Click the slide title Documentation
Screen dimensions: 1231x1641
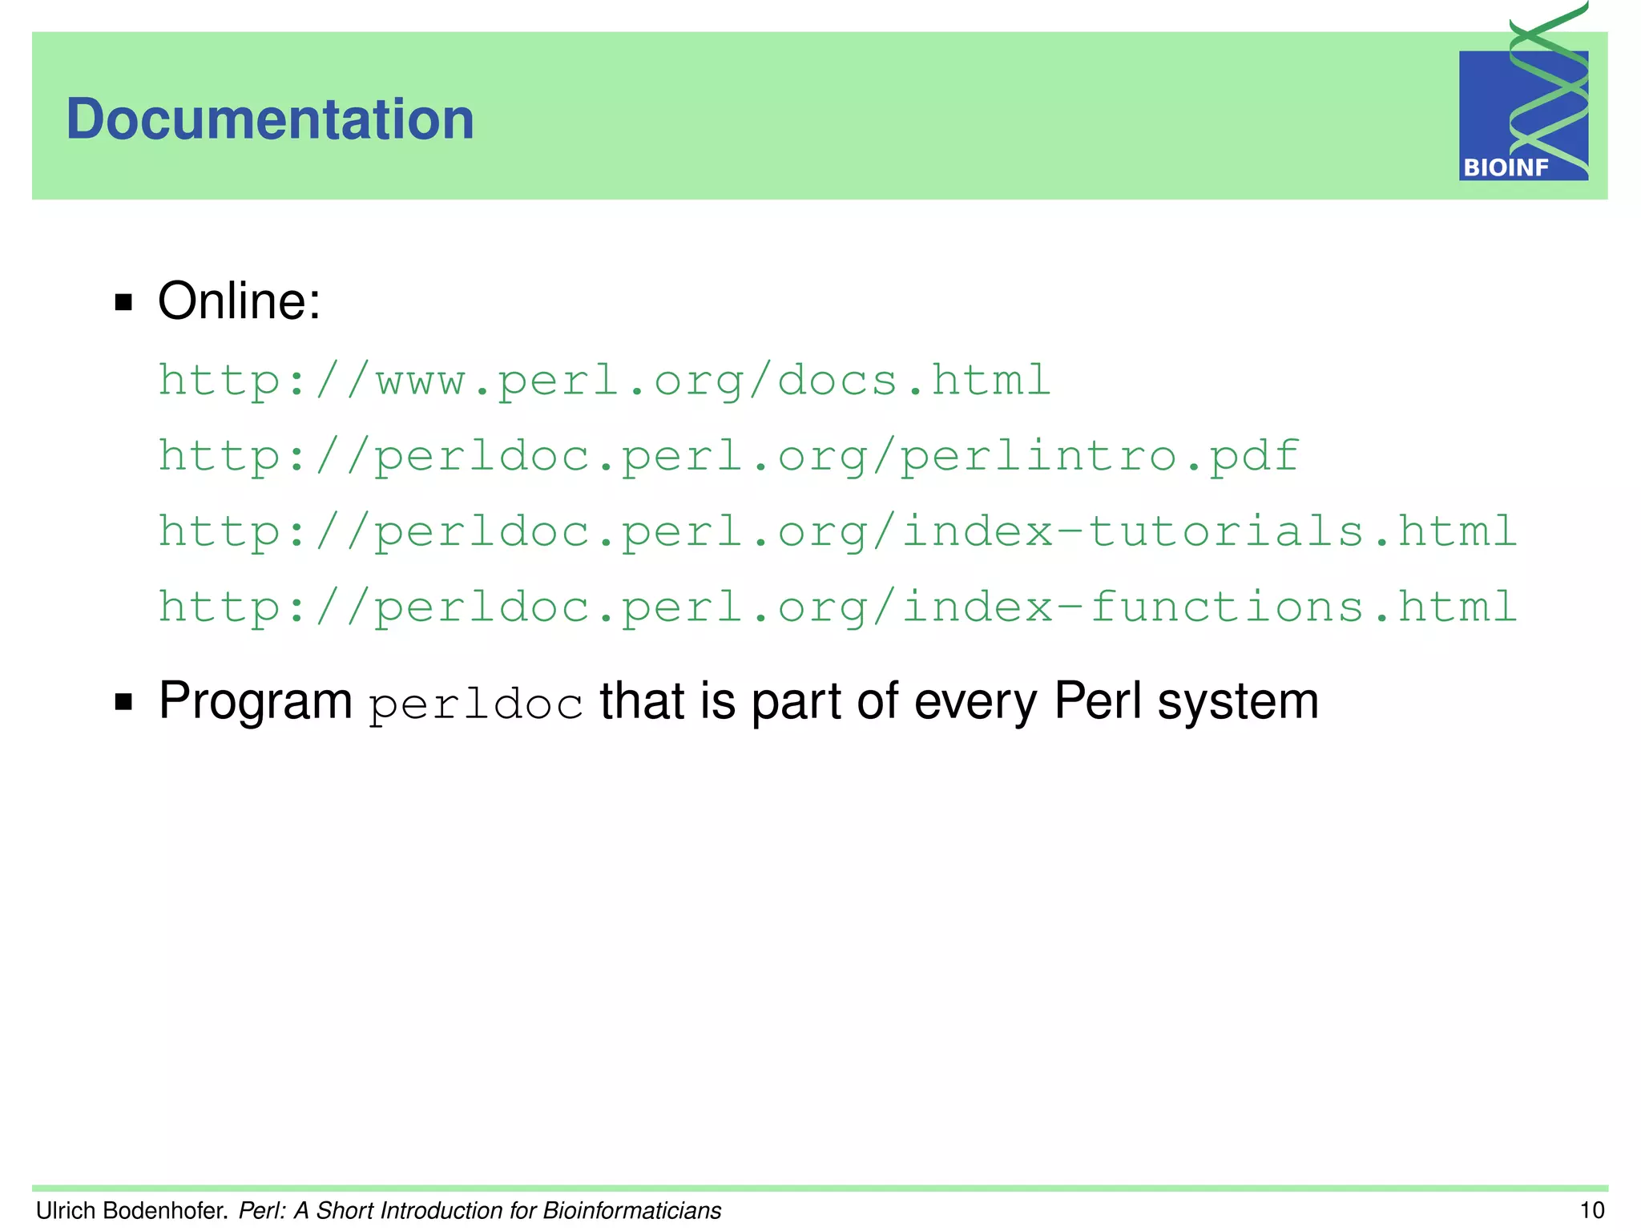point(270,119)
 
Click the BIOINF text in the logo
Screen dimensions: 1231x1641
point(1506,168)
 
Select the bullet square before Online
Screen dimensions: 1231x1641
point(123,302)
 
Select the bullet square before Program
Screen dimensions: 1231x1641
point(123,702)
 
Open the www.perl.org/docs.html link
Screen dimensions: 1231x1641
point(604,381)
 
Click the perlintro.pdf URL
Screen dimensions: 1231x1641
point(728,457)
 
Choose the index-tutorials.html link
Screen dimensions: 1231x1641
point(837,532)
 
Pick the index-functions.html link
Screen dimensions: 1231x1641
point(837,607)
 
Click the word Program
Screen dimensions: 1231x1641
point(255,701)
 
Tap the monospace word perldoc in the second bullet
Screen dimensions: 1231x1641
point(475,705)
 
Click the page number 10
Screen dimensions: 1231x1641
point(1591,1210)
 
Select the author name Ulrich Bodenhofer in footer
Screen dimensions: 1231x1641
point(132,1210)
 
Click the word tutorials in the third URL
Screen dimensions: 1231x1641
point(1227,532)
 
